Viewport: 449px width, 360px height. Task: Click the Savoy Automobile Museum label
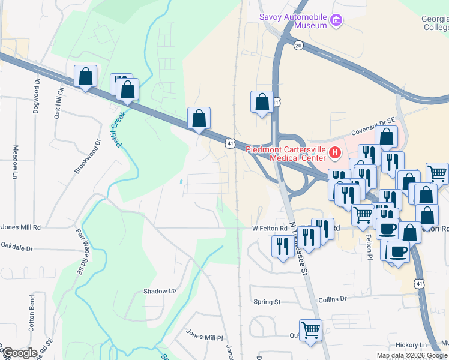(293, 21)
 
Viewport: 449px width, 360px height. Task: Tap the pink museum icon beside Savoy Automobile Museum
(336, 22)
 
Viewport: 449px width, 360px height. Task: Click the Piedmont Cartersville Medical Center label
(288, 154)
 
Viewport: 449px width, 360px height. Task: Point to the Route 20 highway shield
(298, 45)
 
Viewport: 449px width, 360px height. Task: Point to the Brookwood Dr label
(87, 157)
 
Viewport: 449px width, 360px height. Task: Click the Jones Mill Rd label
(21, 227)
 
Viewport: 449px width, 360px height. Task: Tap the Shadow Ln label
(160, 291)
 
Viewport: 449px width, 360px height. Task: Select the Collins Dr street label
(333, 299)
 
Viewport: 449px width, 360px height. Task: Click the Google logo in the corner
(20, 353)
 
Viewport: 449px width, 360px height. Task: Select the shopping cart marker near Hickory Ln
(310, 330)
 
